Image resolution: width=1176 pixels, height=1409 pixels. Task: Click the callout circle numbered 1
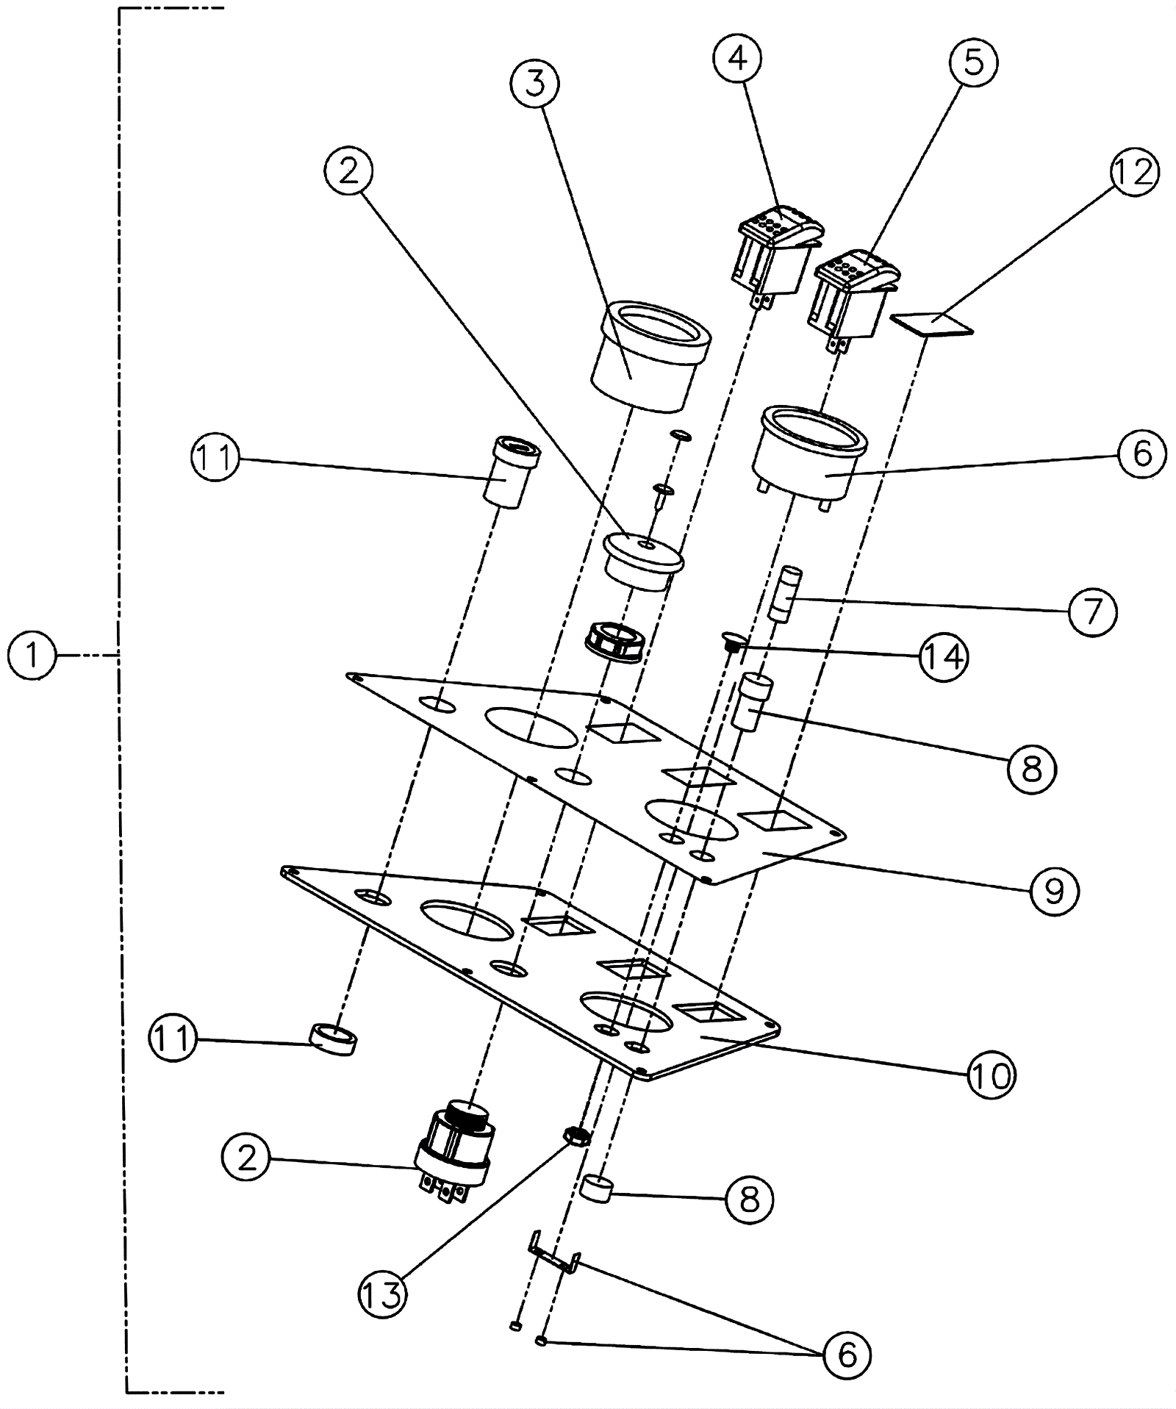tap(32, 654)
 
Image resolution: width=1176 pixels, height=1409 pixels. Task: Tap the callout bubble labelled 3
tap(534, 85)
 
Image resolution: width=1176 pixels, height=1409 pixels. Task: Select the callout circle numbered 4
tap(738, 58)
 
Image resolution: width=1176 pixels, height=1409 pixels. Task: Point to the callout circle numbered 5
tap(973, 62)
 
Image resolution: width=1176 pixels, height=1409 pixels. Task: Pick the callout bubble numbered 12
tap(1134, 173)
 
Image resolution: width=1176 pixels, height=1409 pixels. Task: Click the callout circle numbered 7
tap(1091, 612)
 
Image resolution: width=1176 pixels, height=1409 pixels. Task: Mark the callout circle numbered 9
tap(1053, 891)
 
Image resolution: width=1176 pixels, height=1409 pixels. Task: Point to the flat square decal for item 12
tap(931, 323)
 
